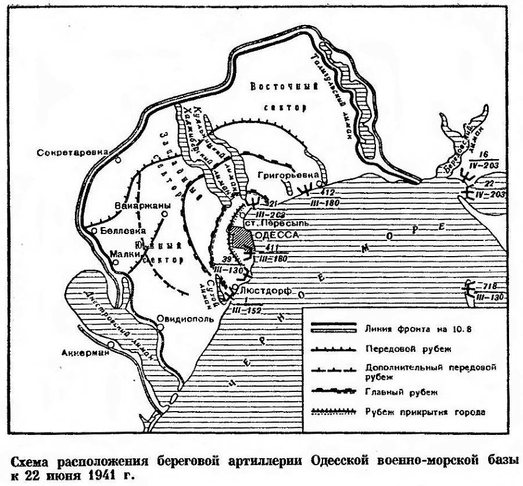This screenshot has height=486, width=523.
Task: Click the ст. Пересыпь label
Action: (272, 222)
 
